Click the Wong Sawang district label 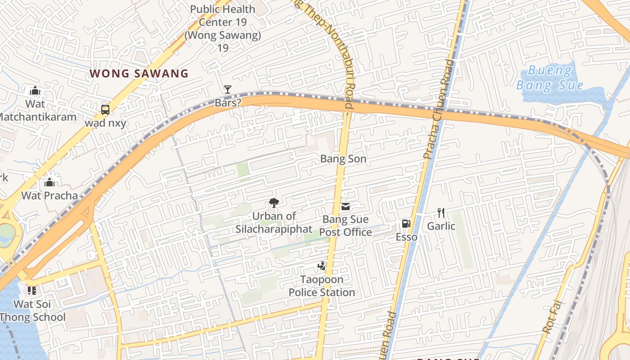tap(139, 73)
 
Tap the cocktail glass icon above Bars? tap(228, 90)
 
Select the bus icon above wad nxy tap(105, 109)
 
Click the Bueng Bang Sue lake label tap(549, 77)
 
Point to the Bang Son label tap(343, 159)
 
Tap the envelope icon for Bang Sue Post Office tap(346, 207)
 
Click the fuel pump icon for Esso tap(406, 224)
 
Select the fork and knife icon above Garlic tap(441, 213)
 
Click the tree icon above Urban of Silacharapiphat tap(274, 203)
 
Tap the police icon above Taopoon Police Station tap(321, 266)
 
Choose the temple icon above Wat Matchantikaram tap(35, 91)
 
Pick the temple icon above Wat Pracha tap(49, 182)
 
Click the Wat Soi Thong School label tap(32, 310)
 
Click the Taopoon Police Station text tap(322, 286)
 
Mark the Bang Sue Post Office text tap(346, 225)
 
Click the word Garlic tap(441, 226)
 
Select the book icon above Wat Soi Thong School tap(31, 291)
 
